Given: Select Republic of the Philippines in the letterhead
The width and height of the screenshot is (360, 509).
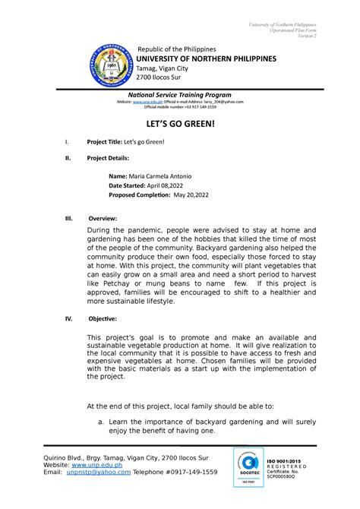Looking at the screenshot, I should [x=176, y=48].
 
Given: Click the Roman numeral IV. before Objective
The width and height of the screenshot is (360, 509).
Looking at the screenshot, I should [x=69, y=318].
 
